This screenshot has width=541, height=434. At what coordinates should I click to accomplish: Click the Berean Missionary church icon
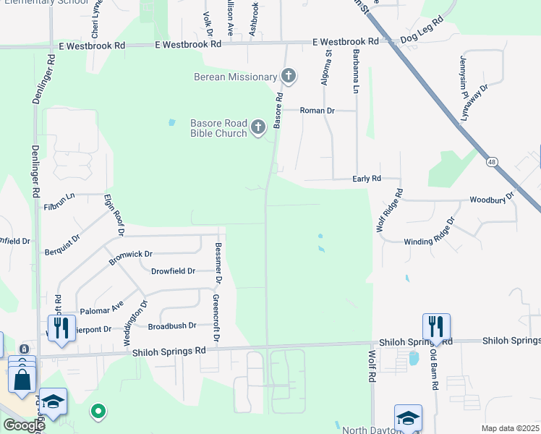click(289, 76)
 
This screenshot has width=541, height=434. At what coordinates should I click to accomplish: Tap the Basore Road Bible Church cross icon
click(258, 129)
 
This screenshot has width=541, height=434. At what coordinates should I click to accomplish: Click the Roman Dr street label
click(318, 111)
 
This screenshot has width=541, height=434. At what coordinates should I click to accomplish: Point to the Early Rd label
click(367, 179)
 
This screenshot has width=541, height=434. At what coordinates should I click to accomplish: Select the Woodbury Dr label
click(491, 198)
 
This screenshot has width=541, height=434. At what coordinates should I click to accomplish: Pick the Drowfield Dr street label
click(173, 271)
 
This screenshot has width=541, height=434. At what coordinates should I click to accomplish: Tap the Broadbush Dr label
click(172, 326)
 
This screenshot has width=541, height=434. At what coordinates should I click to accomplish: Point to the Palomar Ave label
click(103, 309)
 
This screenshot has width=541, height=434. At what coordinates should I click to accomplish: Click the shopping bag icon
click(22, 378)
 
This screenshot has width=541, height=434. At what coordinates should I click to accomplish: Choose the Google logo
click(24, 425)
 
